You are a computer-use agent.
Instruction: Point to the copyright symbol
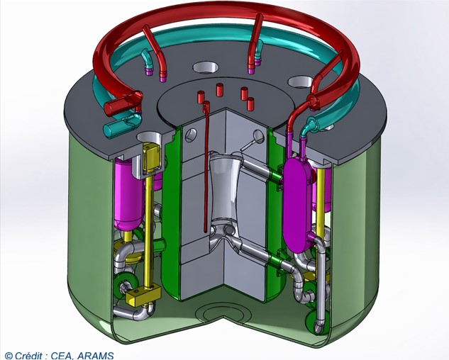point(9,356)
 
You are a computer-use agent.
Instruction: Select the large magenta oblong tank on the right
point(297,204)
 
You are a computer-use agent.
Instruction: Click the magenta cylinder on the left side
point(128,196)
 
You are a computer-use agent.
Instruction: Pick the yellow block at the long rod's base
point(143,295)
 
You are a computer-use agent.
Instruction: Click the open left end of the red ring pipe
point(109,108)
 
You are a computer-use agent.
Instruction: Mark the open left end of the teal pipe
point(109,130)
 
